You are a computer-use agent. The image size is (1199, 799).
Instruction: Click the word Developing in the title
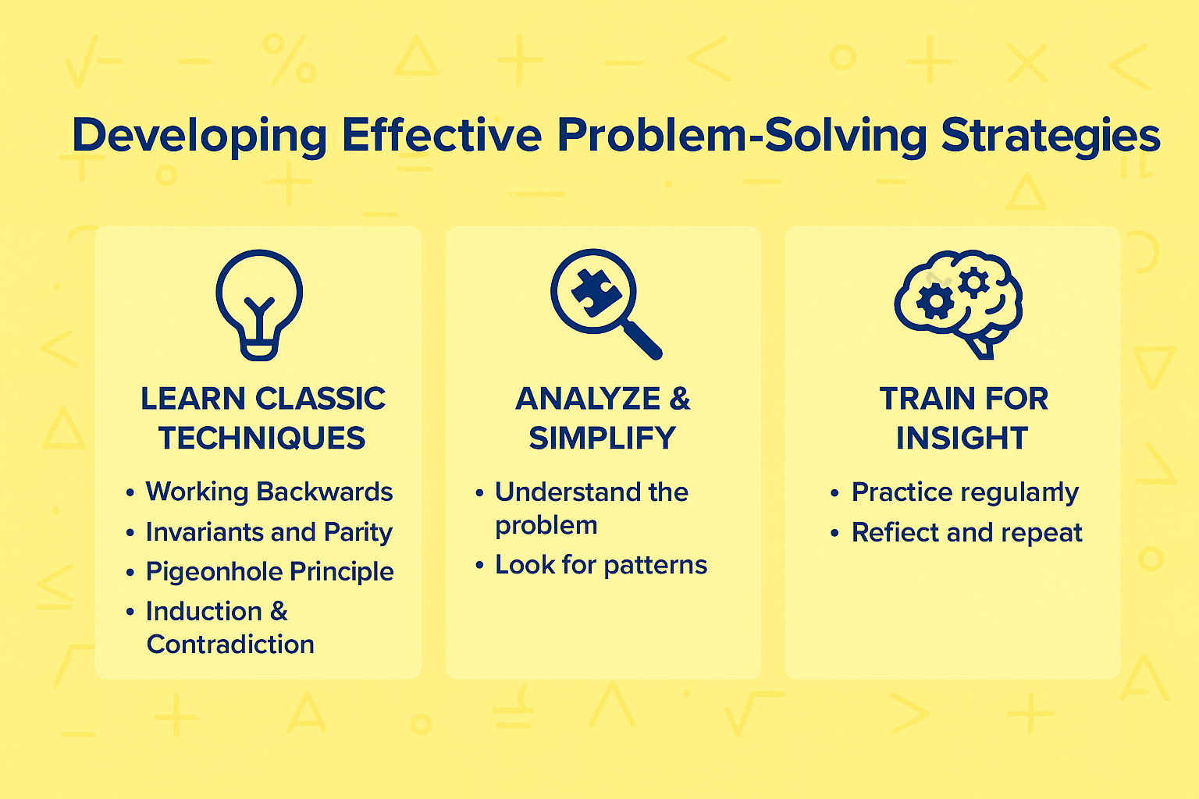point(199,136)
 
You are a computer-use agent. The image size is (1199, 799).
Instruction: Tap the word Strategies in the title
point(1050,136)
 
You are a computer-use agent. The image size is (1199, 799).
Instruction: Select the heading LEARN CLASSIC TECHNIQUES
point(262,418)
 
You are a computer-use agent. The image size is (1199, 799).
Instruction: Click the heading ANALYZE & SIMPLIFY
point(603,418)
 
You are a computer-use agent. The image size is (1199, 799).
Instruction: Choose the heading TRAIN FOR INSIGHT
point(962,418)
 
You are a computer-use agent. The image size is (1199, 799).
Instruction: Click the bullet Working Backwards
point(269,492)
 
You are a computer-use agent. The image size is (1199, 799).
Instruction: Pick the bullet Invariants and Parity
point(269,532)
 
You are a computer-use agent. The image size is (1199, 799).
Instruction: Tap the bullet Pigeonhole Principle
point(269,572)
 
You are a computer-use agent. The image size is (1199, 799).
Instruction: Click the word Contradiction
point(230,645)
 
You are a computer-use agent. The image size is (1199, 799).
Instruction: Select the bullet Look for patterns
point(600,565)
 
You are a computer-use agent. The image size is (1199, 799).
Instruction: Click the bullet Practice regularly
point(965,492)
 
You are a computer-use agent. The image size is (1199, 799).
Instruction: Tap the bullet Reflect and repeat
point(966,533)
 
